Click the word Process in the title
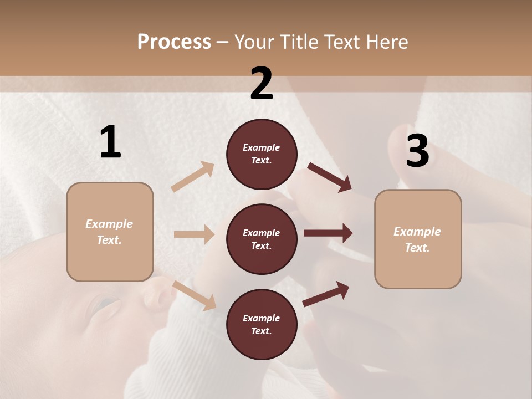click(174, 42)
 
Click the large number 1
click(110, 142)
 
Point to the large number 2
click(262, 84)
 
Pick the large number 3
click(417, 151)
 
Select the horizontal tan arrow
click(194, 234)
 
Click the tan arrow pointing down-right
click(195, 295)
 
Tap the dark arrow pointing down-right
click(330, 177)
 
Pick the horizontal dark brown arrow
click(328, 233)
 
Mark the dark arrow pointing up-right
click(326, 294)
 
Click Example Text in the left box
click(109, 232)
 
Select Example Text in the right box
click(417, 239)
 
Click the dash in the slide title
click(222, 42)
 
